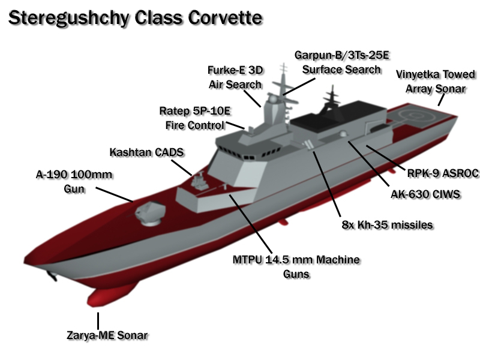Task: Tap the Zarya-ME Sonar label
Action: click(107, 335)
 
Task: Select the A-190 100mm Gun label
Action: click(74, 181)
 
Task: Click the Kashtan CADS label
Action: click(146, 152)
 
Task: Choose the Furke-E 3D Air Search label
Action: click(235, 76)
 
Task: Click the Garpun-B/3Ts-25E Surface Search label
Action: click(341, 62)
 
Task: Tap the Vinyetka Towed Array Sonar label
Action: click(436, 81)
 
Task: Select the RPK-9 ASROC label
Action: click(443, 173)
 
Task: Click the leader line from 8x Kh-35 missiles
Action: click(327, 183)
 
